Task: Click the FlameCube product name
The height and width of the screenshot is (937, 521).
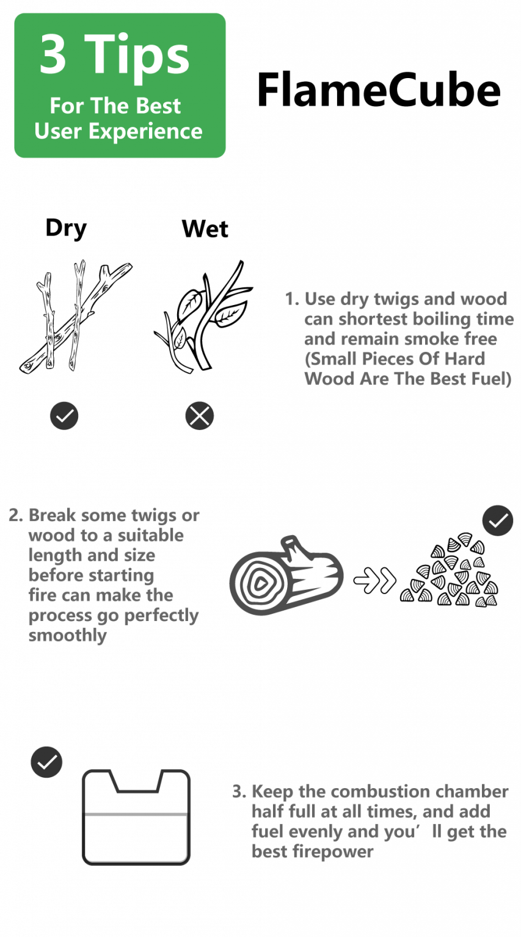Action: pyautogui.click(x=379, y=90)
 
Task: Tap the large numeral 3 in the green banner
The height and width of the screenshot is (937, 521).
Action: pyautogui.click(x=53, y=54)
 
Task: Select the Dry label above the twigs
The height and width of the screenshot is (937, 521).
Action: pyautogui.click(x=66, y=228)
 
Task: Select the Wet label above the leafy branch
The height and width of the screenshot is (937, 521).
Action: pyautogui.click(x=205, y=229)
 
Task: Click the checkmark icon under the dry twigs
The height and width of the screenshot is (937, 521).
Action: pyautogui.click(x=64, y=416)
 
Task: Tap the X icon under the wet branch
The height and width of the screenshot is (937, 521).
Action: pyautogui.click(x=199, y=416)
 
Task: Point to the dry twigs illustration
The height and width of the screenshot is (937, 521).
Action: pyautogui.click(x=75, y=317)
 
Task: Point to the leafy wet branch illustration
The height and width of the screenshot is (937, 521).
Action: pyautogui.click(x=204, y=316)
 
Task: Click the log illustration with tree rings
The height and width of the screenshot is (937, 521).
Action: pyautogui.click(x=286, y=575)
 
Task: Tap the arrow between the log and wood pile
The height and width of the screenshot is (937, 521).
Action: pyautogui.click(x=374, y=581)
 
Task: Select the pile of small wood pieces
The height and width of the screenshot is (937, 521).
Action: pyautogui.click(x=449, y=570)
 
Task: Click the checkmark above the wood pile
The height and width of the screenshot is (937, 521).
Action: pyautogui.click(x=498, y=521)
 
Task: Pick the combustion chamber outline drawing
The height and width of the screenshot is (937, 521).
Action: pyautogui.click(x=136, y=817)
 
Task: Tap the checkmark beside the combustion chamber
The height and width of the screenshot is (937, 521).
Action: pyautogui.click(x=46, y=762)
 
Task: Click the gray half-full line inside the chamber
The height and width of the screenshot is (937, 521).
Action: pyautogui.click(x=136, y=814)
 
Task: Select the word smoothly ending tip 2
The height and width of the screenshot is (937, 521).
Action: pyautogui.click(x=67, y=636)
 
